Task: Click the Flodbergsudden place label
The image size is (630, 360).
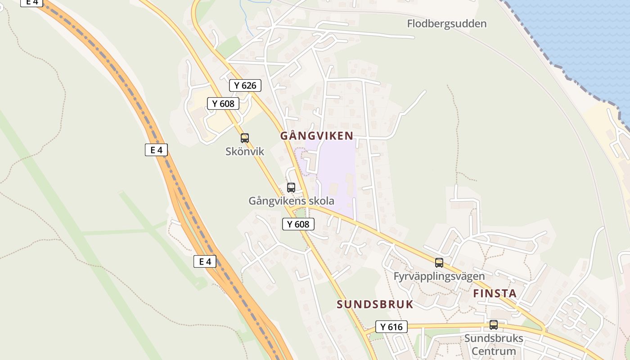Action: coord(447,23)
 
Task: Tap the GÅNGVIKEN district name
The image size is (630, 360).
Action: coord(317,135)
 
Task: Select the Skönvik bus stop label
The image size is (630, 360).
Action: coord(245,152)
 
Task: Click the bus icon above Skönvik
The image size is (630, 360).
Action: coord(245,138)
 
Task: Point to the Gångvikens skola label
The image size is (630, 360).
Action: coord(291,201)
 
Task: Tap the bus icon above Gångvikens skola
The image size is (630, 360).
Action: coord(291,188)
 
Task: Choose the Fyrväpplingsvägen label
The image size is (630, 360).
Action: coord(439,276)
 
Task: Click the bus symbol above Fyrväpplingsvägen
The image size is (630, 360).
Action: coord(439,263)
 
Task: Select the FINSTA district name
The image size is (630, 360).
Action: coord(495,293)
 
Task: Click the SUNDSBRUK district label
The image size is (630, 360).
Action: coord(375,304)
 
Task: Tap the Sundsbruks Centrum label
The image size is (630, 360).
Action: coord(494,344)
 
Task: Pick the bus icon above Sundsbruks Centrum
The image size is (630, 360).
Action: coord(494,325)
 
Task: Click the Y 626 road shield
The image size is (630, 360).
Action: coord(245,85)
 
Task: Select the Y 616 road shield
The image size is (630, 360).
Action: coord(391,327)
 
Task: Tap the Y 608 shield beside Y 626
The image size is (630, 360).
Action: coord(223,103)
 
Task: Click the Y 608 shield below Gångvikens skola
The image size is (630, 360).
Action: coord(298,224)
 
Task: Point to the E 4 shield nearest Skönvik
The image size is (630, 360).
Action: coord(156,150)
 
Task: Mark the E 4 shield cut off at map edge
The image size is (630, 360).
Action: coord(32,2)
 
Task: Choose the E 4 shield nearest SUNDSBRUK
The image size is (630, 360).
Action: coord(205,261)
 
